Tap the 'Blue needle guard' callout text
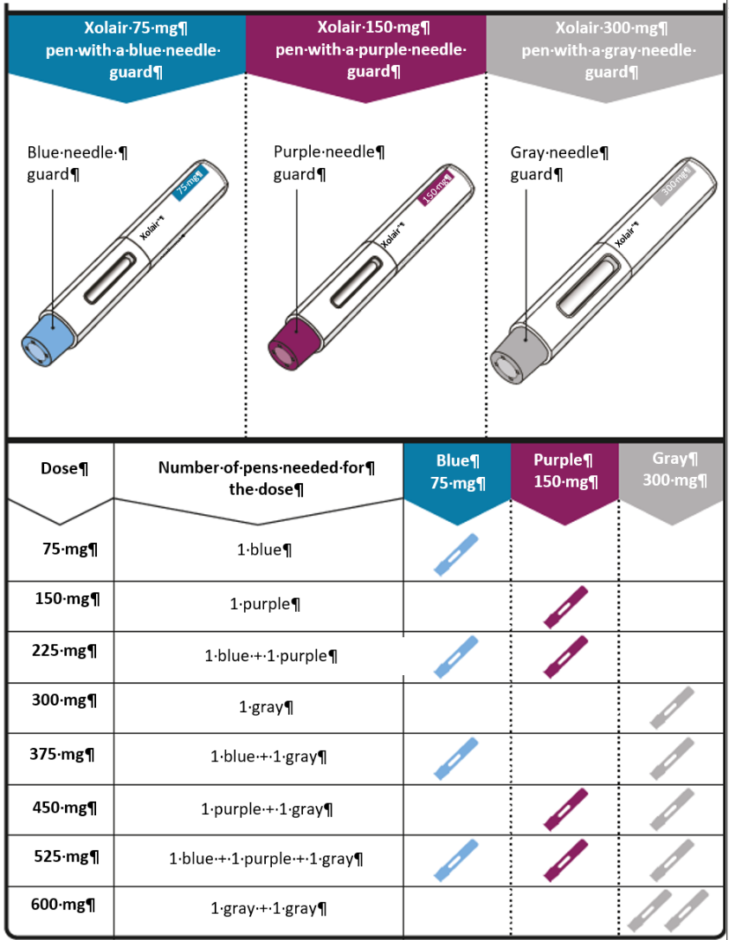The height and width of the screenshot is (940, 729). tap(77, 163)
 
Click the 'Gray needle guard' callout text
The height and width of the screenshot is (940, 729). tap(558, 163)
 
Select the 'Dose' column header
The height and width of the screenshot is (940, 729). tap(65, 468)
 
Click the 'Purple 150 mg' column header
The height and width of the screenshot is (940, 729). tap(564, 470)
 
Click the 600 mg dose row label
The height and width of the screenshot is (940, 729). tap(71, 905)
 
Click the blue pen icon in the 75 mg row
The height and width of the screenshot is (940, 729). tap(455, 555)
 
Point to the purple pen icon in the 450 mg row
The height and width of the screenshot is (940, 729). tap(565, 808)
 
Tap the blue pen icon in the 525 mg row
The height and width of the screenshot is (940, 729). tap(455, 859)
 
